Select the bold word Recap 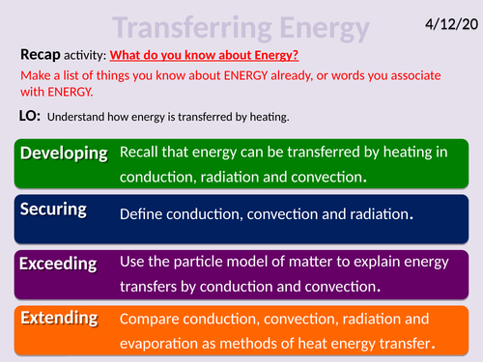click(40, 54)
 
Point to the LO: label click(32, 117)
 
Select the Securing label click(54, 209)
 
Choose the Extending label click(60, 317)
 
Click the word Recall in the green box click(142, 153)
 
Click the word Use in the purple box click(132, 262)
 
